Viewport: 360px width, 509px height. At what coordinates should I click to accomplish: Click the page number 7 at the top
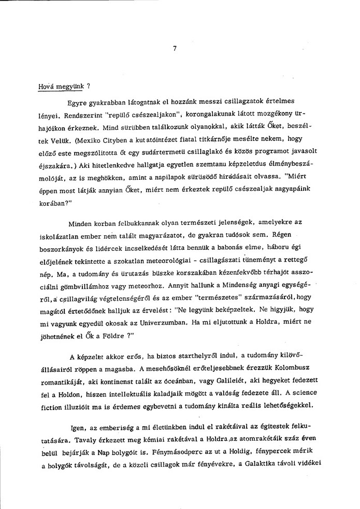176,50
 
